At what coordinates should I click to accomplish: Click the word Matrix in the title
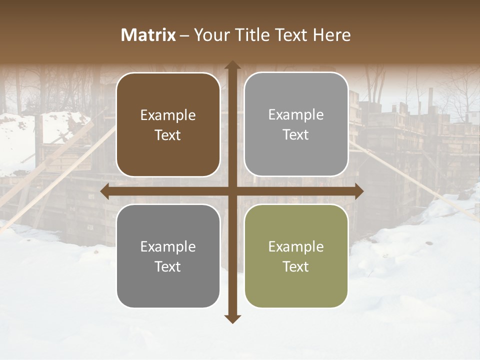[148, 35]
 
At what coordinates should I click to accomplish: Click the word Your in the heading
[209, 35]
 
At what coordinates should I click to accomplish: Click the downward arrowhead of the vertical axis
[232, 318]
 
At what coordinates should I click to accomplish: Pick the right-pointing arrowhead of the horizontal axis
[358, 191]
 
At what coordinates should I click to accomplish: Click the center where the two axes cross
[232, 191]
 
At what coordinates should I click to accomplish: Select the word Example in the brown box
[168, 115]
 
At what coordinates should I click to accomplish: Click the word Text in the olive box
[296, 266]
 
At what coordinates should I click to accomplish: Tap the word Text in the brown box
[168, 135]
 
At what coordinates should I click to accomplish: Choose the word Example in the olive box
[296, 246]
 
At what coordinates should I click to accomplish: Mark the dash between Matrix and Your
[184, 35]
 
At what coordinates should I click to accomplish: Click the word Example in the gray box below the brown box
[168, 246]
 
